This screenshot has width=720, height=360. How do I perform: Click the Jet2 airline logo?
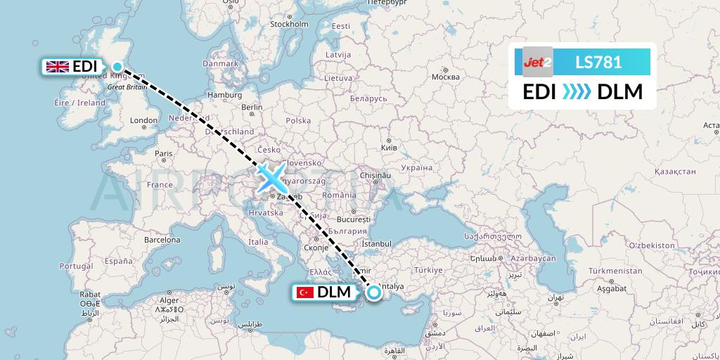click(538, 62)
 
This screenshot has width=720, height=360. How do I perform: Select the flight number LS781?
click(598, 62)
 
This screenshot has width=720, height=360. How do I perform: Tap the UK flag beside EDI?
click(56, 67)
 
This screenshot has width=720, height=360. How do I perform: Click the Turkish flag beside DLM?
click(305, 292)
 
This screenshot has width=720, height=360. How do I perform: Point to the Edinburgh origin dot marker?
click(117, 67)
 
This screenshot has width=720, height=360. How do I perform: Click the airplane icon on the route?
click(271, 178)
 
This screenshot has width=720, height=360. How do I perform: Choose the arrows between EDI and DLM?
click(577, 92)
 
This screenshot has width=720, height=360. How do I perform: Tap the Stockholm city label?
click(290, 24)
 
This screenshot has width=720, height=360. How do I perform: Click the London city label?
click(143, 120)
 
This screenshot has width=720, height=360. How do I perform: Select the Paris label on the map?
click(163, 153)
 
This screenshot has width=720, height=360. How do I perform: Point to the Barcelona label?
click(163, 239)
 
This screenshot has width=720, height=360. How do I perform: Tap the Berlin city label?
click(251, 108)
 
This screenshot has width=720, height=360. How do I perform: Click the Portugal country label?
click(76, 266)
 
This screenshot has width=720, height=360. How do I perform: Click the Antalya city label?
click(391, 286)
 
